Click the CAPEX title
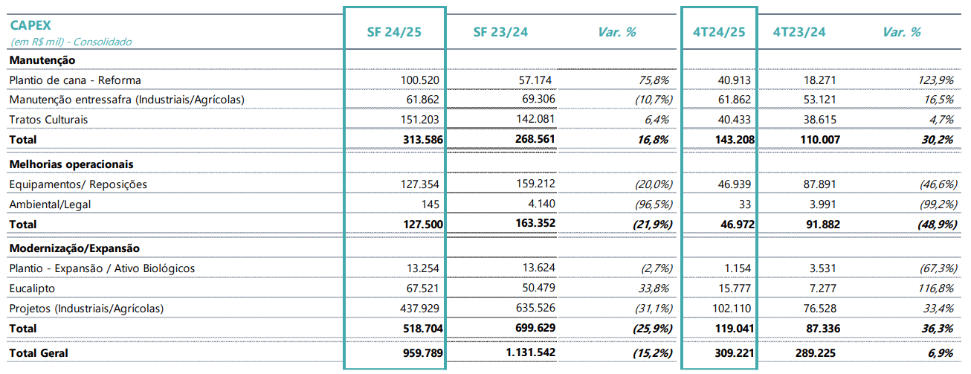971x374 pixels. pyautogui.click(x=30, y=25)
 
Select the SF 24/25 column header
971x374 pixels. pyautogui.click(x=394, y=32)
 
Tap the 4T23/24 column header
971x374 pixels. pyautogui.click(x=799, y=32)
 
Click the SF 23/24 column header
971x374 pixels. pyautogui.click(x=500, y=32)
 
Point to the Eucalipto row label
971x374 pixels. pyautogui.click(x=32, y=288)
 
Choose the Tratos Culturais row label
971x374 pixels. pyautogui.click(x=48, y=120)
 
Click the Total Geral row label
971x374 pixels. pyautogui.click(x=39, y=353)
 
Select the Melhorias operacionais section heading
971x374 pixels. pyautogui.click(x=71, y=164)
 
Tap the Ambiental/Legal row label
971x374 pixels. pyautogui.click(x=50, y=204)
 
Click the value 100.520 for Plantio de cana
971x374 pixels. pyautogui.click(x=419, y=80)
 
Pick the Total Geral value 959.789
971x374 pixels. pyautogui.click(x=422, y=353)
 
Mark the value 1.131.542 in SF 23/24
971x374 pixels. pyautogui.click(x=531, y=352)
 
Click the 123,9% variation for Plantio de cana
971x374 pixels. pyautogui.click(x=935, y=80)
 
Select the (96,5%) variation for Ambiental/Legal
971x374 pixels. pyautogui.click(x=654, y=204)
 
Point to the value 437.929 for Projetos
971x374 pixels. pyautogui.click(x=419, y=309)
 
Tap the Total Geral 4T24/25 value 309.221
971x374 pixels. pyautogui.click(x=735, y=353)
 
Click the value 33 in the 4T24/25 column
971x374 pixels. pyautogui.click(x=745, y=204)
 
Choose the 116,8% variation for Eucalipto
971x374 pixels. pyautogui.click(x=935, y=288)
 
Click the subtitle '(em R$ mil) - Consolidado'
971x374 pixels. pyautogui.click(x=71, y=42)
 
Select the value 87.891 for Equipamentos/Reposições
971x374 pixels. pyautogui.click(x=819, y=184)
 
